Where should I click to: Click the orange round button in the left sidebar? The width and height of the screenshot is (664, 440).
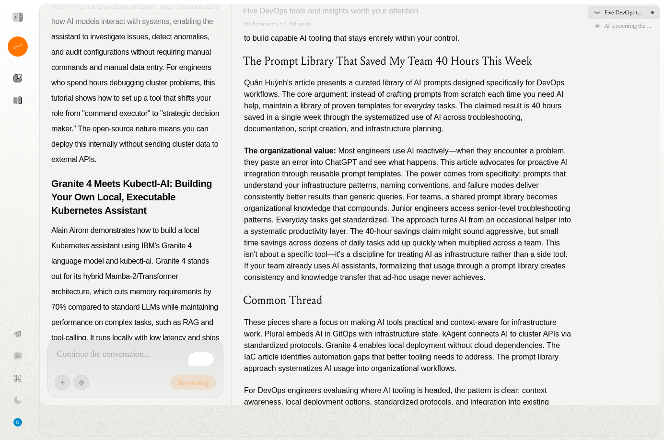coord(18,46)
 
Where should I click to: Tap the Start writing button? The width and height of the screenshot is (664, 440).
coord(193,382)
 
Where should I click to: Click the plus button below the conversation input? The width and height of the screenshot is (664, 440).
coord(62,382)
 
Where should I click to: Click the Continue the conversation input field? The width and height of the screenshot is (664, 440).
coord(120,354)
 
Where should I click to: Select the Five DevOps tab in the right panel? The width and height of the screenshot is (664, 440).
coord(623,12)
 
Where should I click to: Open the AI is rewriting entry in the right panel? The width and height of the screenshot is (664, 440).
coord(628,26)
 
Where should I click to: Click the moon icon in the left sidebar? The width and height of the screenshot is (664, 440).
coord(18,400)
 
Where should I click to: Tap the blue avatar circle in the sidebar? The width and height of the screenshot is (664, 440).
coord(18,422)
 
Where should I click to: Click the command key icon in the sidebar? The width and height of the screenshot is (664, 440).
coord(18,378)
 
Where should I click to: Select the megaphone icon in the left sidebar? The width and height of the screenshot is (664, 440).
coord(18,334)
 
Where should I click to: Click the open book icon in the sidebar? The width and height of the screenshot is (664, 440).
coord(18,100)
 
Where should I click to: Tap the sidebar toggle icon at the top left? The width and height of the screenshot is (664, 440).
coord(18,17)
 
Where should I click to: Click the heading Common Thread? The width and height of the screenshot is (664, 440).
coord(282,301)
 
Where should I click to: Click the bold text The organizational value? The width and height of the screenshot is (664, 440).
coord(290,151)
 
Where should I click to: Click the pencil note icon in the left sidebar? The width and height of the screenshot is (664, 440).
coord(18,78)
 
